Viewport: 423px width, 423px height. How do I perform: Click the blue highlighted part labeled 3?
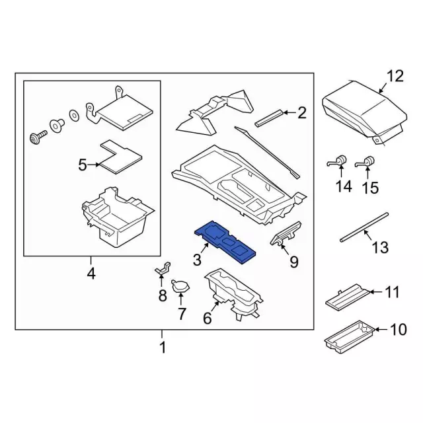[x=225, y=241]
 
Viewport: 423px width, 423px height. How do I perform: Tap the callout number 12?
[x=395, y=76]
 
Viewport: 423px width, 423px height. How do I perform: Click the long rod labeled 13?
[x=364, y=227]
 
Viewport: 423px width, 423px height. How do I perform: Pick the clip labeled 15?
[x=365, y=161]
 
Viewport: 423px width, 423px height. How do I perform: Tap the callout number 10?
[x=399, y=329]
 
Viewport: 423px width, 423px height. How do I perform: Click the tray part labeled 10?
[x=350, y=335]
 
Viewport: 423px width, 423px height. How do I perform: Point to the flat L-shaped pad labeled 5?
[x=120, y=157]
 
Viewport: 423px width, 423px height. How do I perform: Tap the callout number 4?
[x=91, y=274]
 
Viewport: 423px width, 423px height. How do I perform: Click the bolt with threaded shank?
[x=38, y=137]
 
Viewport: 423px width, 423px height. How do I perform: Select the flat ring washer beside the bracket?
[x=73, y=114]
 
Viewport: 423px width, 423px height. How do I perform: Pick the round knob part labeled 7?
[x=180, y=286]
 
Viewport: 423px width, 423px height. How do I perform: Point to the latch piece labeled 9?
[x=286, y=233]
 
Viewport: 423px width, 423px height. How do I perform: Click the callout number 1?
[x=163, y=348]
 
